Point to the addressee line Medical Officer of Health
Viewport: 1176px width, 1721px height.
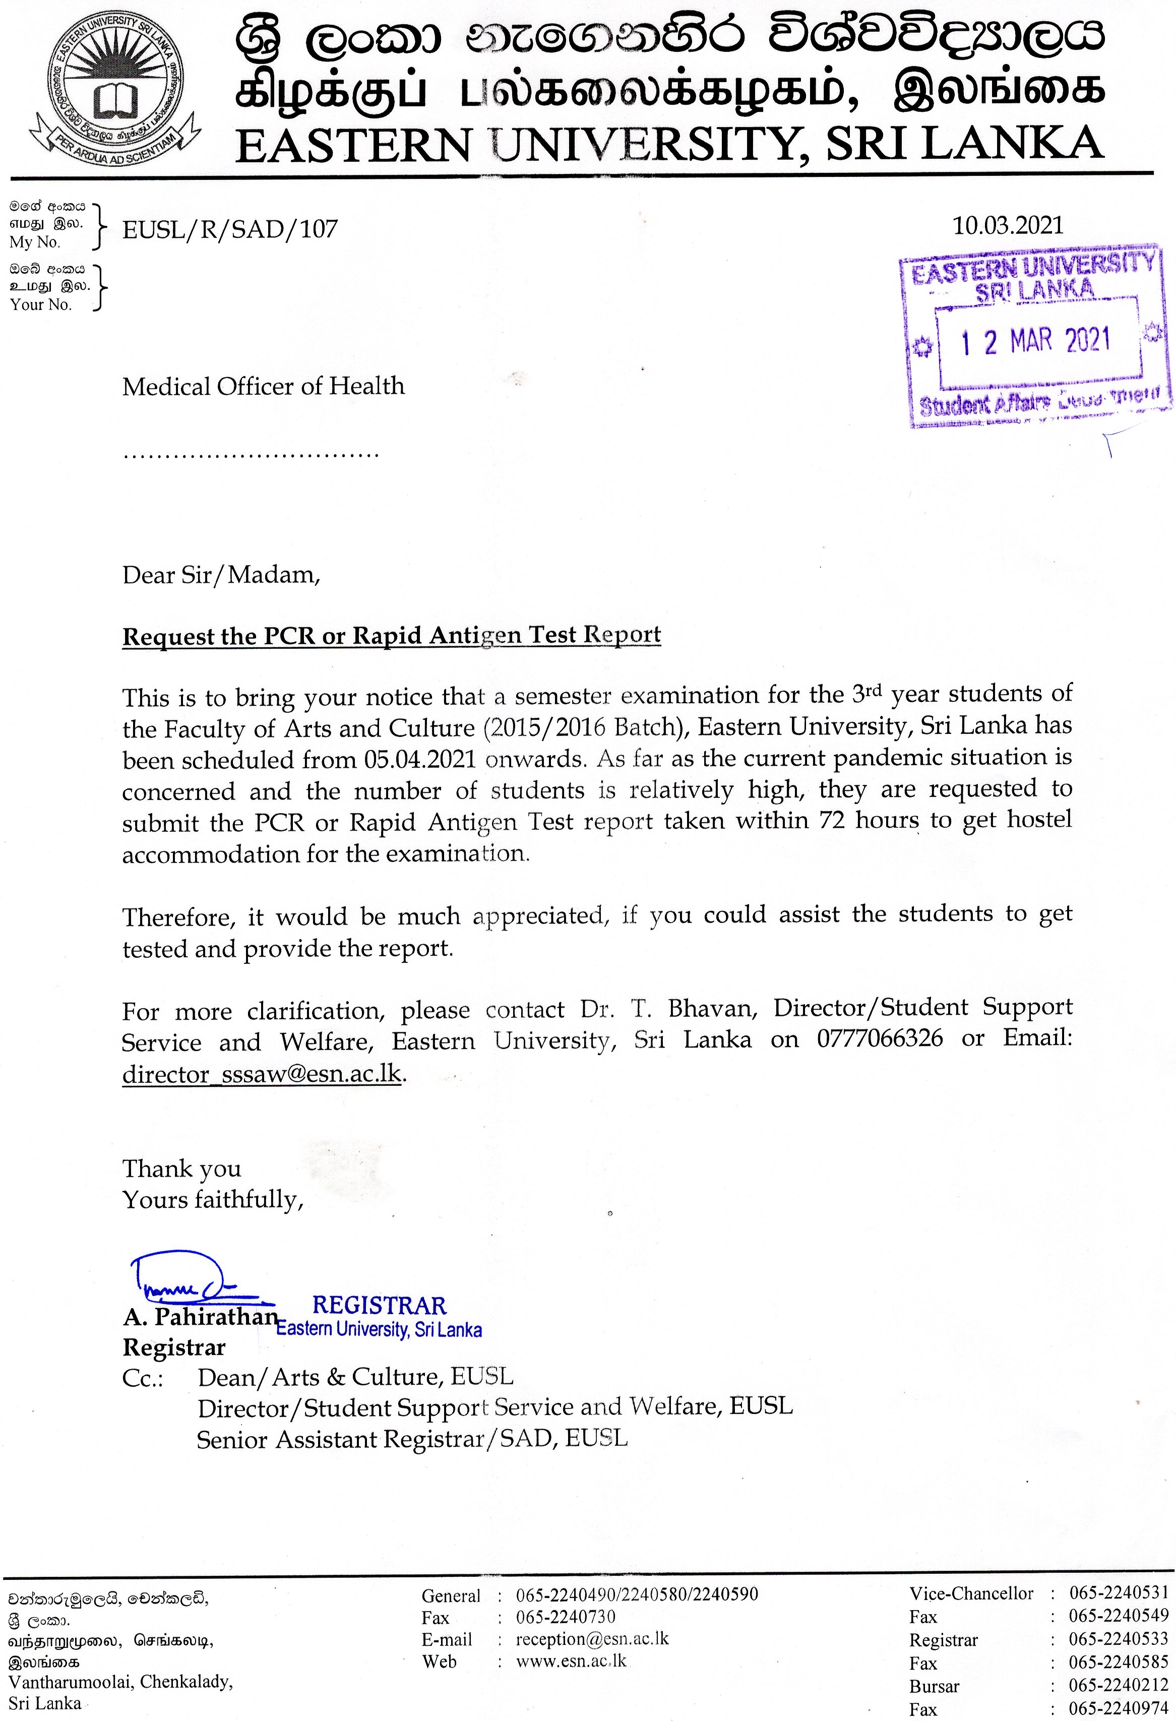point(264,387)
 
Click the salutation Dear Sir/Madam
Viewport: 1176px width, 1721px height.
point(221,575)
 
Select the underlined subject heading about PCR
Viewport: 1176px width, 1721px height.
point(391,635)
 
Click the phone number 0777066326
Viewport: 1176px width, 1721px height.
point(880,1038)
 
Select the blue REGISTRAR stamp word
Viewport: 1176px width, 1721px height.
point(379,1305)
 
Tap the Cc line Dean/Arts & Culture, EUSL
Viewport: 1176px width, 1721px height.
point(355,1377)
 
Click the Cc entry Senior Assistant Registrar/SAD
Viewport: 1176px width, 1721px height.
point(412,1439)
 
